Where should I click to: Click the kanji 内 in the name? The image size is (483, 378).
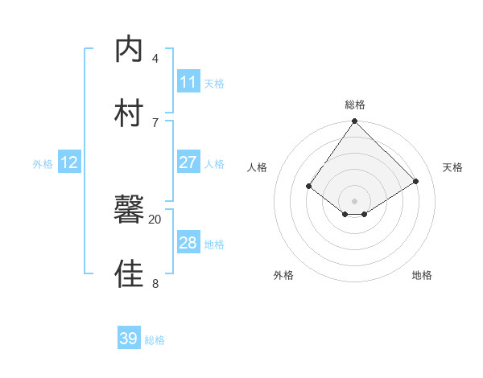coord(130,49)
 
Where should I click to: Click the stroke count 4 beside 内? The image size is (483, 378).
coord(155,58)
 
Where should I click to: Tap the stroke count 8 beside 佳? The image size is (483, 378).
coord(155,283)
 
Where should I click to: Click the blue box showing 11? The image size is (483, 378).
coord(188,82)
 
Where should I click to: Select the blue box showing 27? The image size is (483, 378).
coord(188,162)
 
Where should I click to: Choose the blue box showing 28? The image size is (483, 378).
coord(188,243)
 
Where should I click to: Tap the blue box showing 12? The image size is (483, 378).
coord(69,162)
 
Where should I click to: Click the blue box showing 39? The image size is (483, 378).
coord(129,339)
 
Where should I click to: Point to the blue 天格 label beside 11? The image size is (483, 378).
coord(214,83)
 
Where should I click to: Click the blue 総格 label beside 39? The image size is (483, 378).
coord(155,340)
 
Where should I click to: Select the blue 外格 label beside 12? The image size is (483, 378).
coord(43,164)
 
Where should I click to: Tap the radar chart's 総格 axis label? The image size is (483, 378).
coord(355,105)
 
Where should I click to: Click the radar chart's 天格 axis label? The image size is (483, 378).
coord(453,167)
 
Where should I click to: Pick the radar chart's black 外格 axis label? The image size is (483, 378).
coord(283,275)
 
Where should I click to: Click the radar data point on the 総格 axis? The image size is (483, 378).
coord(355,121)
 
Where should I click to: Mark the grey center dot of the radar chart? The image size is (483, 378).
coord(355,200)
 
